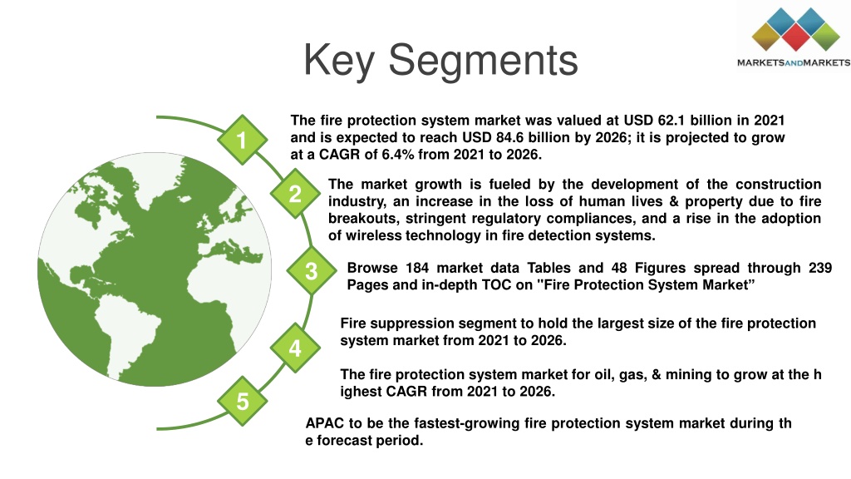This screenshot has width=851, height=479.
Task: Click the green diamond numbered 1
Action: pos(242,140)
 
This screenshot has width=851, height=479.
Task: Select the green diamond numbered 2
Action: pos(295,193)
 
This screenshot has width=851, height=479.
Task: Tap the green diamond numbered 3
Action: pos(311,270)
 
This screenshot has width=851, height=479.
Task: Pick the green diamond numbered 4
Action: pos(295,348)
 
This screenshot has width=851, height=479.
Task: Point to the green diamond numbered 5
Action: pos(242,401)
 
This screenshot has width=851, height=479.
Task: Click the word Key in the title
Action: pos(339,61)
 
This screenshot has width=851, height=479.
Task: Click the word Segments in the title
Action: pos(483,61)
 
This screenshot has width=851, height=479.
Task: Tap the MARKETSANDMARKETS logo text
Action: pos(794,63)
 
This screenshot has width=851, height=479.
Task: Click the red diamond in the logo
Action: pos(796,37)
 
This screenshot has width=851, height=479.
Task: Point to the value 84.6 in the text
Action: pos(509,137)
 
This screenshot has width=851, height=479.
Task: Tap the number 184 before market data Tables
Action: pos(417,269)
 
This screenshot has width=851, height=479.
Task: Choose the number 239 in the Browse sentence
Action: pos(820,269)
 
